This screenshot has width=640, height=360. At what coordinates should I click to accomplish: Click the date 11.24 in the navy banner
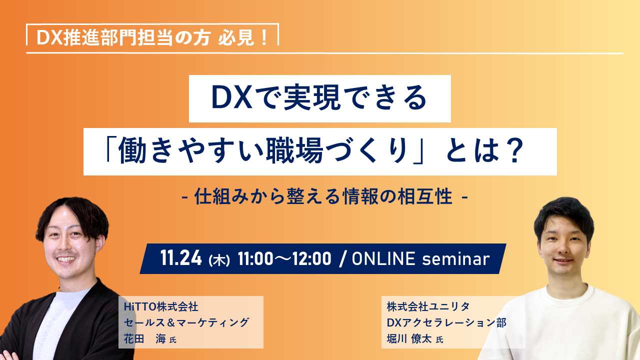pyautogui.click(x=181, y=258)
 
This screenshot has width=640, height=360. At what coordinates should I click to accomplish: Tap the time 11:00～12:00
pyautogui.click(x=284, y=259)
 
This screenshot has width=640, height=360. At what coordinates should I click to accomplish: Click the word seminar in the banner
pyautogui.click(x=456, y=259)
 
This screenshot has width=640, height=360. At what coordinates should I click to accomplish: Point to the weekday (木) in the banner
pyautogui.click(x=219, y=260)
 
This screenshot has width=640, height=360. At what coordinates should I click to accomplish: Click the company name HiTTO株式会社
pyautogui.click(x=161, y=307)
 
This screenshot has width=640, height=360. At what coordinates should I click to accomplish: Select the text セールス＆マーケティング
pyautogui.click(x=186, y=322)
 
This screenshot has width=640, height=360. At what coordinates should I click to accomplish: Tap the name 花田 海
pyautogui.click(x=145, y=339)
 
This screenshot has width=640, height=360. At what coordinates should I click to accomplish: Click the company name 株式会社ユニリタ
pyautogui.click(x=428, y=306)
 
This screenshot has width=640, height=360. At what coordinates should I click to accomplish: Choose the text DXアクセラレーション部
pyautogui.click(x=446, y=322)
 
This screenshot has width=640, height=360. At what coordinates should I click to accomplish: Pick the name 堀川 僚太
pyautogui.click(x=409, y=339)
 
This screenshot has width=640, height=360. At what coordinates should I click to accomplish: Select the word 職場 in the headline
pyautogui.click(x=294, y=151)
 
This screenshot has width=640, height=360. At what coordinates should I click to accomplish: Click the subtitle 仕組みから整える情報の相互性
pyautogui.click(x=323, y=196)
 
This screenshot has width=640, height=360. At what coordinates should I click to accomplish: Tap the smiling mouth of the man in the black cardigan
pyautogui.click(x=67, y=259)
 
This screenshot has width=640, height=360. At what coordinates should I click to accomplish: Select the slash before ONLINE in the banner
pyautogui.click(x=341, y=259)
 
